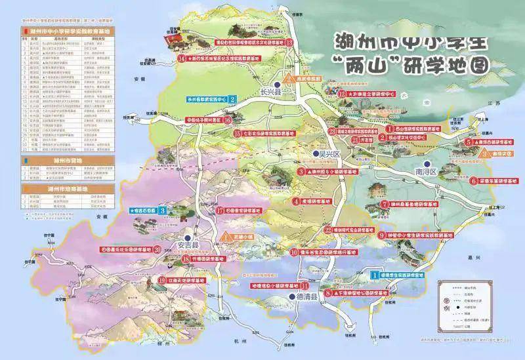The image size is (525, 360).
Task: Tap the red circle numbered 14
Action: tap(182, 57)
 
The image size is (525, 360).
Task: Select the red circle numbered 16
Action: tap(227, 120)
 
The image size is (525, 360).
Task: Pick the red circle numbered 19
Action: tap(161, 280)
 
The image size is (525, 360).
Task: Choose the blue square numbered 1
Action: tap(375, 275)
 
